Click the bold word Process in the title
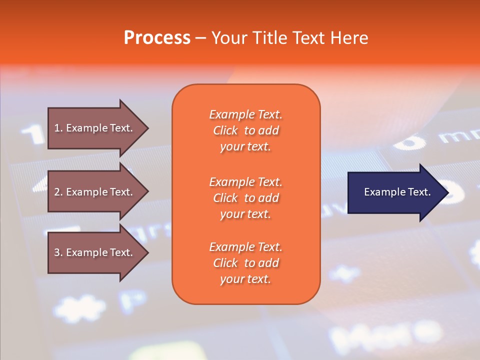click(x=157, y=38)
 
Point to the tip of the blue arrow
click(x=447, y=192)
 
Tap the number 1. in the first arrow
click(x=58, y=128)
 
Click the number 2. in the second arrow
click(x=58, y=192)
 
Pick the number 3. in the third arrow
click(x=58, y=252)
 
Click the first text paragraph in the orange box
click(x=245, y=130)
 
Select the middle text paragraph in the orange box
click(x=245, y=198)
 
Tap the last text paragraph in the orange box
click(x=245, y=263)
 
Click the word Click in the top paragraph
click(x=225, y=130)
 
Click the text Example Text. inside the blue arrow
click(x=397, y=192)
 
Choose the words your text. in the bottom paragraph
click(x=245, y=279)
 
